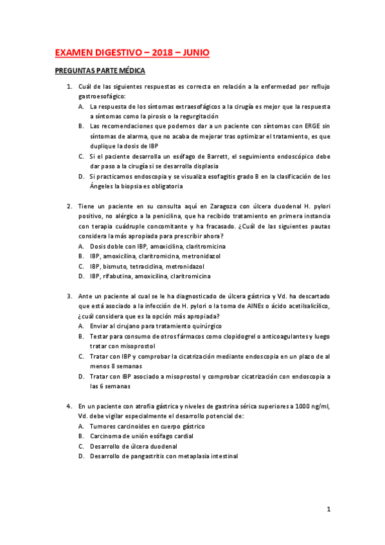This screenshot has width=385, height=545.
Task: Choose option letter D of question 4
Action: pos(81,456)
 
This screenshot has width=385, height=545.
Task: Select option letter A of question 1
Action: pos(81,106)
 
